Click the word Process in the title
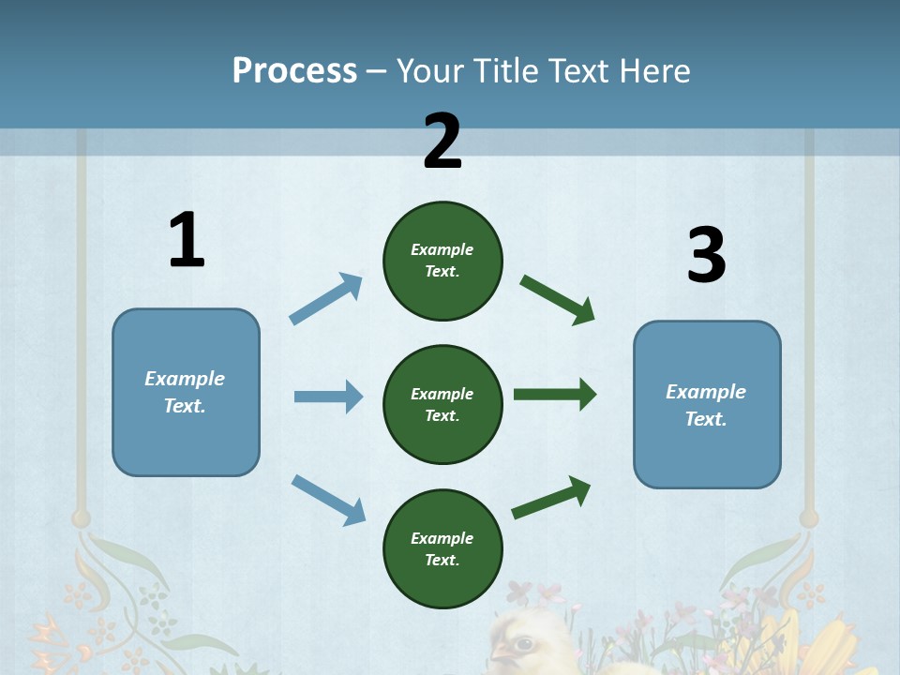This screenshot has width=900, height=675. [294, 71]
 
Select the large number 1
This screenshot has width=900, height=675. [187, 240]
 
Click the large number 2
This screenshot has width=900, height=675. [442, 142]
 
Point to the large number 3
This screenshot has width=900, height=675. [706, 255]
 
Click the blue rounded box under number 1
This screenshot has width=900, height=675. [186, 392]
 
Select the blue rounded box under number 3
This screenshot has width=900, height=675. [707, 404]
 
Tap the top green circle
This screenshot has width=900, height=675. [442, 261]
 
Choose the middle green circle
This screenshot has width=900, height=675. [442, 404]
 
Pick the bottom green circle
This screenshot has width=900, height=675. [442, 548]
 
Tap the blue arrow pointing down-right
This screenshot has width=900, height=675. [328, 499]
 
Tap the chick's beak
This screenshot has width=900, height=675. [498, 652]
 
